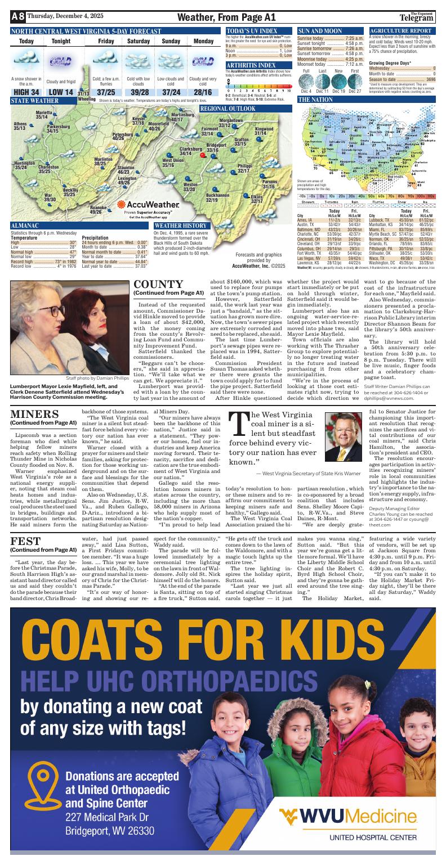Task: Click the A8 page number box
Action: (x=17, y=17)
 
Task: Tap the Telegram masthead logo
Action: (x=422, y=17)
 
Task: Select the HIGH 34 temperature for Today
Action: (x=26, y=92)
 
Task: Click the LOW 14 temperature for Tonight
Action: (x=60, y=92)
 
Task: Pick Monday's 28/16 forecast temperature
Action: (x=203, y=92)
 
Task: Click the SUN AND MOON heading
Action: (x=320, y=30)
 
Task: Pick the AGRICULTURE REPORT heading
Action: (x=400, y=30)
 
